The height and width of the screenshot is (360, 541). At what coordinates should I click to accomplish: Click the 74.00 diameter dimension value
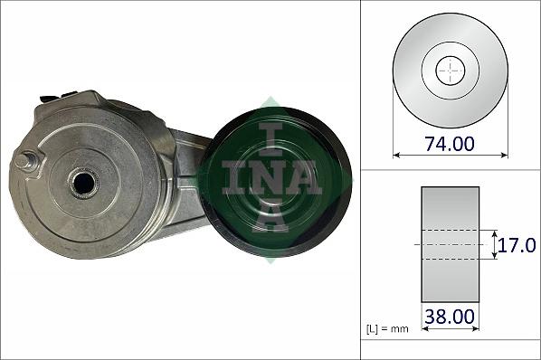point(450,144)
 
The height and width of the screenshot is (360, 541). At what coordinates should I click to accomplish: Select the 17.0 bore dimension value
point(517,245)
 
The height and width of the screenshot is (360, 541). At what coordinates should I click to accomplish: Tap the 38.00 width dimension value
point(450,317)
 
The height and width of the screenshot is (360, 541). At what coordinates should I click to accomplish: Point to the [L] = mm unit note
point(387,329)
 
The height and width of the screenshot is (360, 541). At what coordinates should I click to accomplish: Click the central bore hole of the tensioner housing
point(84,184)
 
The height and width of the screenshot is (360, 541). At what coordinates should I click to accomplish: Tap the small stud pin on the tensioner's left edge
point(25,161)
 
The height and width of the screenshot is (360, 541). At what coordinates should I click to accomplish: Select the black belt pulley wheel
point(276,182)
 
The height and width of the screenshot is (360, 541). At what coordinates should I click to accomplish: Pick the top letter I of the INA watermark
point(271,139)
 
